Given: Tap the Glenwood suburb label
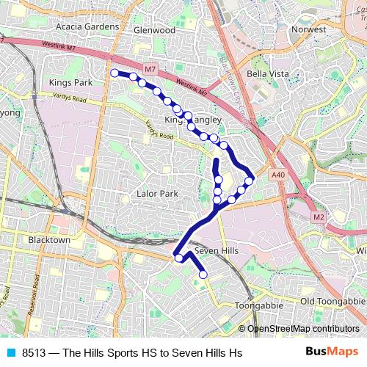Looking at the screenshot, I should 154,30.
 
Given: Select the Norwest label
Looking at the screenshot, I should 308,30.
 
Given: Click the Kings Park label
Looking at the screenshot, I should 70,83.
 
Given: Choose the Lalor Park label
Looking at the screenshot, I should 157,194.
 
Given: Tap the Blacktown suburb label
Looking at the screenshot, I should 48,240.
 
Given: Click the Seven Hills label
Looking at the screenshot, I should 217,251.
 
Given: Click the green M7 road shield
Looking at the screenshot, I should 150,69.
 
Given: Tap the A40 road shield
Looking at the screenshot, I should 277,175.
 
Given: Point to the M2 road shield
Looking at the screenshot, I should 318,217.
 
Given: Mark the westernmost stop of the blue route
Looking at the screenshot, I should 115,73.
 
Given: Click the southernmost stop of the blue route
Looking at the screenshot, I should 203,275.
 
